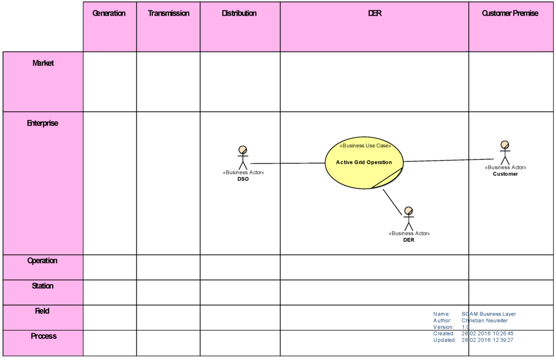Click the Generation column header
click(109, 14)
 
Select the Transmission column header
click(168, 14)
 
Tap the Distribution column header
click(239, 14)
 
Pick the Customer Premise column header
click(510, 14)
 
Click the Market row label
click(43, 63)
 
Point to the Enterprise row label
click(43, 123)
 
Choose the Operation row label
click(43, 261)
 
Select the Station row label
click(43, 286)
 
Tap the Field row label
click(43, 311)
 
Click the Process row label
click(43, 336)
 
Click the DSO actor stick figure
click(243, 157)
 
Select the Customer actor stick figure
click(505, 153)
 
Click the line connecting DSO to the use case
click(288, 163)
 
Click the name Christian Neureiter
click(485, 320)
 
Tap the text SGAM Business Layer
click(489, 314)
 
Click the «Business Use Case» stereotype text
click(365, 146)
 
